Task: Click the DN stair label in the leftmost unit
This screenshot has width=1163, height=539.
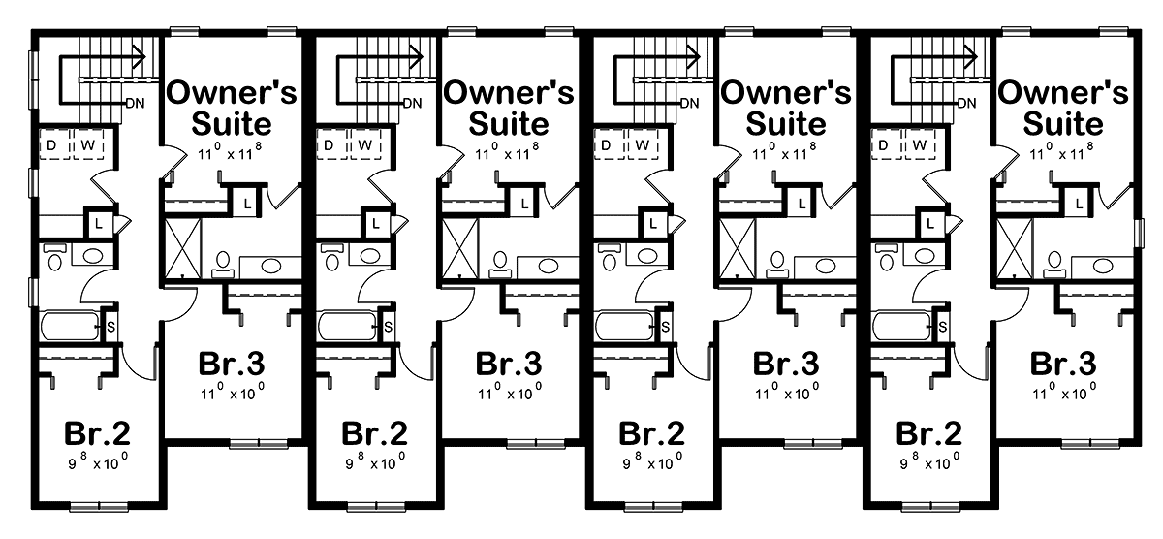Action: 136,104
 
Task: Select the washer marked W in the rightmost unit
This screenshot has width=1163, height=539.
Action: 921,144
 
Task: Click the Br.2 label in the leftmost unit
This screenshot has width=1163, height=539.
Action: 97,433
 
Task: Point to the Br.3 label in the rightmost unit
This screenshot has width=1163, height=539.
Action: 1063,364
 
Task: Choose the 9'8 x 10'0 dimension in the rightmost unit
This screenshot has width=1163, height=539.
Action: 929,461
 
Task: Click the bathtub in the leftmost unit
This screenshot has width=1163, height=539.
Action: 70,326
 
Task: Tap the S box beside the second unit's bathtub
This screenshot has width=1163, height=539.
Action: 388,327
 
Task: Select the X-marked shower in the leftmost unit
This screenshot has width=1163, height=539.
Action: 183,248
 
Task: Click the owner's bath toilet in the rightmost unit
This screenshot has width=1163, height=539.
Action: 1054,265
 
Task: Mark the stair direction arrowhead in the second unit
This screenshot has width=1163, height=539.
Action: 416,56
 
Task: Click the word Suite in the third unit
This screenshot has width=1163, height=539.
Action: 786,124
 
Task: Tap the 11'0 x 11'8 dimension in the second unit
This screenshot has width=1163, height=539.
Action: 507,151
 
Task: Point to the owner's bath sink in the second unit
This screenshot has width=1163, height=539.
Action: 549,267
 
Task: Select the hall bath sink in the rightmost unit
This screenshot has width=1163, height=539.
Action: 926,255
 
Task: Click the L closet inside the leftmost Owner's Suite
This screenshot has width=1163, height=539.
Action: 246,203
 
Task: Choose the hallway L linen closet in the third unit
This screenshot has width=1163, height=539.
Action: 652,224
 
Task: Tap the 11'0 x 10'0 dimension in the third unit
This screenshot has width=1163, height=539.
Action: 787,392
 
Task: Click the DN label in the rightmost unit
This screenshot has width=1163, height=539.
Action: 967,104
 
